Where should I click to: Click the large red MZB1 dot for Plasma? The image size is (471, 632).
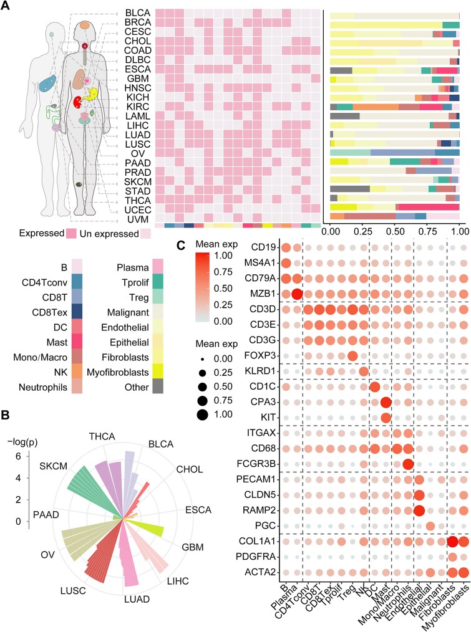[297, 294]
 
